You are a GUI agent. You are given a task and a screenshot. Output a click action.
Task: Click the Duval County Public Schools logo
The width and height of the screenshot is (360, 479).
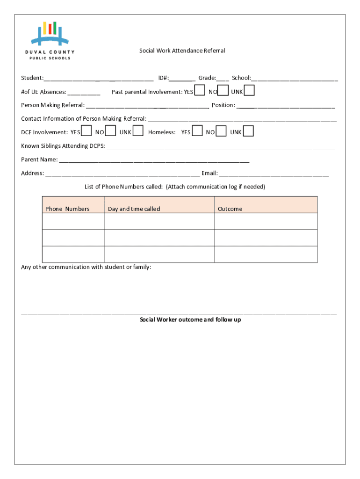tap(50, 40)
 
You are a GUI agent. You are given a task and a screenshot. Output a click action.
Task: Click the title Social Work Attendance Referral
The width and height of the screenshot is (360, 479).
tap(182, 51)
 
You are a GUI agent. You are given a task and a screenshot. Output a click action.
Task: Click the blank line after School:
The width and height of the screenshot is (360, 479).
tap(294, 79)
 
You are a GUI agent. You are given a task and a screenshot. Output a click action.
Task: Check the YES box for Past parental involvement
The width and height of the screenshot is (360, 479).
tap(200, 91)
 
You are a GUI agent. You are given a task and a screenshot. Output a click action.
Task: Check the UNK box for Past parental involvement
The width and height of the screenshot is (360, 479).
tap(250, 91)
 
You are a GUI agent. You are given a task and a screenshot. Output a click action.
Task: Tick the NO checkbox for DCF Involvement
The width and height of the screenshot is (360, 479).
tap(111, 131)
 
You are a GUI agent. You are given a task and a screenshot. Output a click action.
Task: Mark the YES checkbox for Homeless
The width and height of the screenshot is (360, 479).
tap(197, 131)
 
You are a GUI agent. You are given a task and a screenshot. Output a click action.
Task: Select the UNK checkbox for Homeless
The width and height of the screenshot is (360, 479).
tap(248, 131)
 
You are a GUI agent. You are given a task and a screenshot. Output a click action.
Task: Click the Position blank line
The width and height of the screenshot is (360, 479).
tap(286, 106)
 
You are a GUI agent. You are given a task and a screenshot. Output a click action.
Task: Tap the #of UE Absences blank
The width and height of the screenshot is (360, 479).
tap(84, 93)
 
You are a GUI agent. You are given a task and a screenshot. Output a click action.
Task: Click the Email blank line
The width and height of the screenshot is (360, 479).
tap(274, 174)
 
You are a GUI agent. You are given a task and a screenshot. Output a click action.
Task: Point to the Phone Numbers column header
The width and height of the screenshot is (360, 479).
tap(67, 209)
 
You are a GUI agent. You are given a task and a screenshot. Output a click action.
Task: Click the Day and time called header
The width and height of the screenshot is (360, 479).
tap(134, 209)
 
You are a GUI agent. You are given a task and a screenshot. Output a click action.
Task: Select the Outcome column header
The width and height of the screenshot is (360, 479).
tap(230, 209)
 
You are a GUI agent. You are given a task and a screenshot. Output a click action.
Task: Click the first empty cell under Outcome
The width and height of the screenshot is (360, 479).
tap(266, 221)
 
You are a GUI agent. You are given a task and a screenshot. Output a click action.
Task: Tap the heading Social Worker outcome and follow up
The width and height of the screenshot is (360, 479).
tap(190, 320)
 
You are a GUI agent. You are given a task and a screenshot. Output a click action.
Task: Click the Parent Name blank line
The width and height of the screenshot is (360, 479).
tap(154, 160)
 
